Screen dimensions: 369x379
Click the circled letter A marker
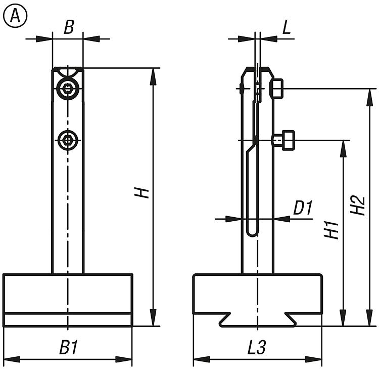click(15, 17)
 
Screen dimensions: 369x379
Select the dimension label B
click(69, 27)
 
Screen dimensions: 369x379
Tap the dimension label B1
click(68, 348)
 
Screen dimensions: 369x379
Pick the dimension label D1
click(303, 208)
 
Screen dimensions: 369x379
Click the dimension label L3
click(257, 348)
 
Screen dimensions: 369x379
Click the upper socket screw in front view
click(68, 90)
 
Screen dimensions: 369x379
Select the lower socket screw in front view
click(68, 140)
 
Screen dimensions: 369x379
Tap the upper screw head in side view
click(277, 89)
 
